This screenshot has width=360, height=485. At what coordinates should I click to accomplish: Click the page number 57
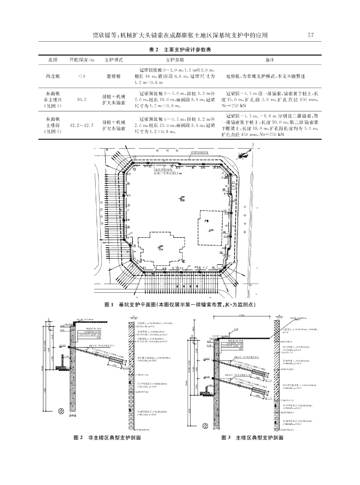(x=311, y=35)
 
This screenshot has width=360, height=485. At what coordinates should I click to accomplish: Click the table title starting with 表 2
(x=180, y=49)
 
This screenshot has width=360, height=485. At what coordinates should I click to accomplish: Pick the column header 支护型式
(x=114, y=60)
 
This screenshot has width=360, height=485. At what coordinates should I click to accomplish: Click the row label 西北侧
(x=53, y=76)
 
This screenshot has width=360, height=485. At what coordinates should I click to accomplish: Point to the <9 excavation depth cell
(x=81, y=76)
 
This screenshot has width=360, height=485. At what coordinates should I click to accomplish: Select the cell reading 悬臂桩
(x=114, y=76)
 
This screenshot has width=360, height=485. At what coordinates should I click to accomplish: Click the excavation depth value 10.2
(x=81, y=100)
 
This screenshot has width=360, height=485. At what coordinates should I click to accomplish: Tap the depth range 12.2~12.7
(x=81, y=126)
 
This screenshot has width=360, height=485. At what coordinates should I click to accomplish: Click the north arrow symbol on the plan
(x=243, y=154)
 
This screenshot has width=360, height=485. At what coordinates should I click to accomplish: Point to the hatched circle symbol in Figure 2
(x=61, y=397)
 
